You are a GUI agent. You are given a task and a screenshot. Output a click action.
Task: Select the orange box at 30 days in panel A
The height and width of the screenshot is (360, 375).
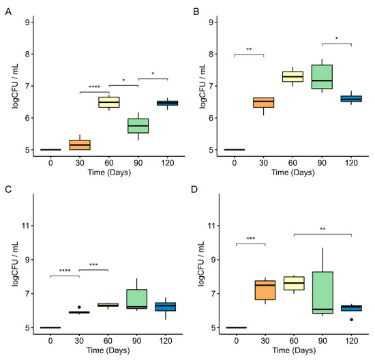point(80,145)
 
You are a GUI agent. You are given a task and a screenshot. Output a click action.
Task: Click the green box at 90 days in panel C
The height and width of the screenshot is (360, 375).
point(139,299)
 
